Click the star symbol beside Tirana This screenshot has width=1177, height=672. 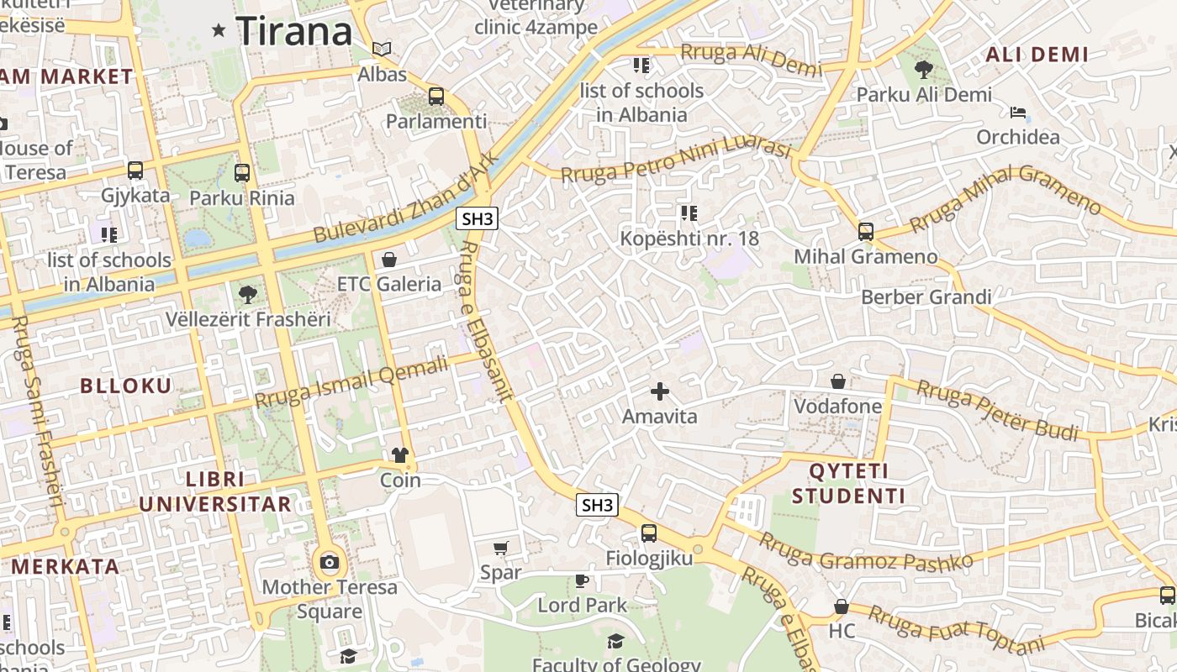click(x=219, y=31)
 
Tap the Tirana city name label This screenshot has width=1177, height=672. click(x=293, y=32)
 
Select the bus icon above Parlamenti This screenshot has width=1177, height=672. click(x=435, y=97)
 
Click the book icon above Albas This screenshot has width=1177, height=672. click(x=382, y=50)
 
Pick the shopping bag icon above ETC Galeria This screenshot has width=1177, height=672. click(x=388, y=260)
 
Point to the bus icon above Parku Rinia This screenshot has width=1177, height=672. click(x=242, y=173)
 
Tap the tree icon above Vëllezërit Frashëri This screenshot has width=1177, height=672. click(x=247, y=295)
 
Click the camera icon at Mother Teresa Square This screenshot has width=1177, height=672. click(x=330, y=562)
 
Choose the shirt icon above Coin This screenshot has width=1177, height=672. click(x=400, y=455)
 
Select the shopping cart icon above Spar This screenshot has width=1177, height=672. click(x=501, y=549)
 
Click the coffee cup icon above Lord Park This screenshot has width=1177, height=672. click(x=581, y=580)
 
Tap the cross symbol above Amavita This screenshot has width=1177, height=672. click(x=660, y=391)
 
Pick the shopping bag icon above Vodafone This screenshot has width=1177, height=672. click(x=838, y=382)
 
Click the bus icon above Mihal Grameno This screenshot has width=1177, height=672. click(x=865, y=232)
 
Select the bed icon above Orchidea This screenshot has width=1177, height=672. click(x=1018, y=113)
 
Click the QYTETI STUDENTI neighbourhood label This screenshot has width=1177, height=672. click(x=848, y=483)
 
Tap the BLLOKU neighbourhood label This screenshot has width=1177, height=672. click(x=125, y=386)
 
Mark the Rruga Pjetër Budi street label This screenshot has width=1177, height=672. click(x=997, y=410)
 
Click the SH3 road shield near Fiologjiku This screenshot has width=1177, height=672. click(x=597, y=505)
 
